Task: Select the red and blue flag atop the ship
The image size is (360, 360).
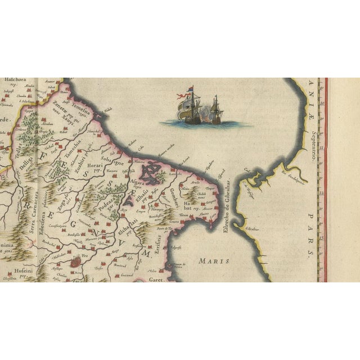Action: coord(190,89)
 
